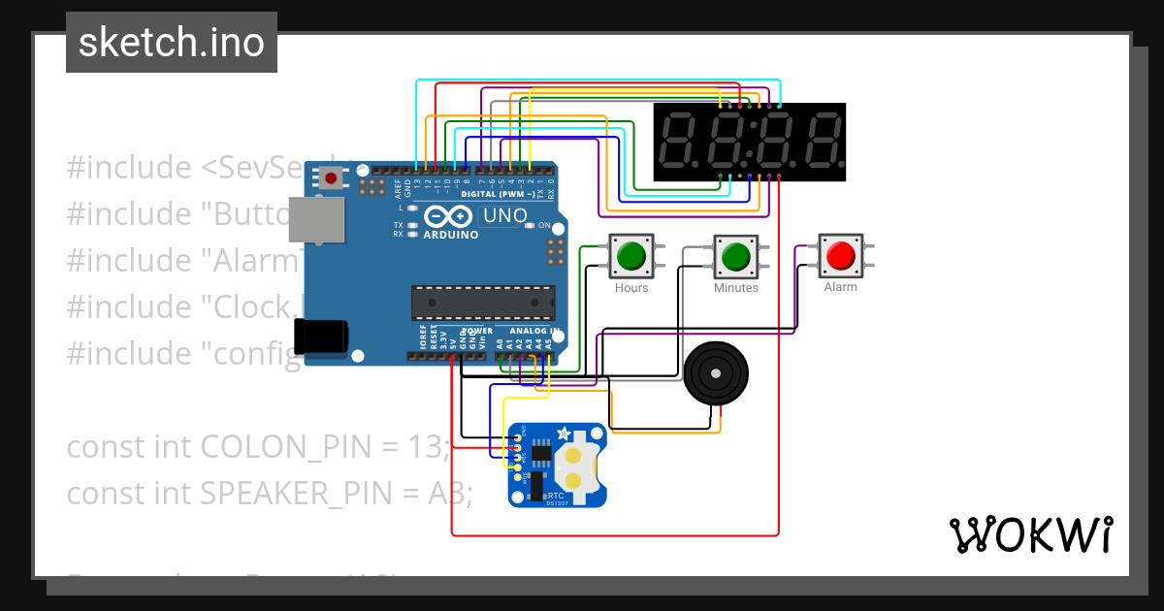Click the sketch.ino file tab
coord(171,43)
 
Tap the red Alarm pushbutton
coord(840,256)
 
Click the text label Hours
coord(631,288)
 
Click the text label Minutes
coord(736,288)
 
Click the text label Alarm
coord(840,287)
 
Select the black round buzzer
coord(717,373)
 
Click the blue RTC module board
coord(557,465)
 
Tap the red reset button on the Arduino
coord(332,178)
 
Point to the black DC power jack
coord(322,336)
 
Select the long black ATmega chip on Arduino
coord(483,303)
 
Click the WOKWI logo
coord(1030,534)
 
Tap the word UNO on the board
coord(505,215)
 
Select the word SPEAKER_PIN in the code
coord(309,494)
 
